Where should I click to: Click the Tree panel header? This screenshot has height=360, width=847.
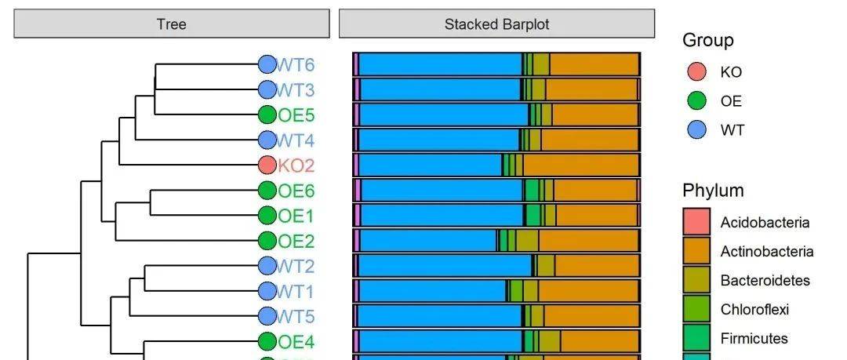coord(171,24)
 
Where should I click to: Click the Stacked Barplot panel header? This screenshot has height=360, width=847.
coord(496,24)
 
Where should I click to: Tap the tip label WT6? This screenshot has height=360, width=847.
coord(296,64)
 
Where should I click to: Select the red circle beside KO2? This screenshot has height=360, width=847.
coord(267,165)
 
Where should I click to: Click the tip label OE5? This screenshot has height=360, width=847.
coord(296,115)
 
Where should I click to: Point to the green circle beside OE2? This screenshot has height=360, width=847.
coord(267,241)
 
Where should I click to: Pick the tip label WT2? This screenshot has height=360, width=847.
coord(296,266)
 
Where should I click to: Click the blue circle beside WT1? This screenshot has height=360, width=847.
coord(267,292)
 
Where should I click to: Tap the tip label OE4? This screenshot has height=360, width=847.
coord(296,342)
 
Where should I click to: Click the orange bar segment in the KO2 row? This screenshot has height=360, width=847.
coord(580,165)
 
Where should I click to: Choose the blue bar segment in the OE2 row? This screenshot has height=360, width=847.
coord(428,241)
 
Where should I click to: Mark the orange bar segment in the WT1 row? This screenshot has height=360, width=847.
coord(588,292)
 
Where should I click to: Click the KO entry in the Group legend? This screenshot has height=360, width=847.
coord(730,72)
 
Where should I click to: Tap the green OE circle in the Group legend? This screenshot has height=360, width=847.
coord(696,101)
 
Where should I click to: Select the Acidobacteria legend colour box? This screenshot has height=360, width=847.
coord(696,222)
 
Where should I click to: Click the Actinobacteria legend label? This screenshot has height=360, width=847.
coord(766,252)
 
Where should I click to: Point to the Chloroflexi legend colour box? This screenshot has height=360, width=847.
coord(696,309)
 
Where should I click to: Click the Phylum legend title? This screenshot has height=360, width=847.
coord(713,191)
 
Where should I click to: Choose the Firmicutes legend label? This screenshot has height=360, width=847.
coord(754,339)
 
